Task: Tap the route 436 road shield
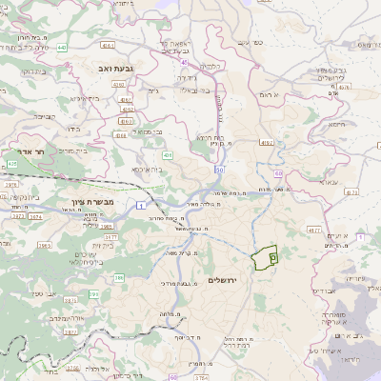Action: [167, 153]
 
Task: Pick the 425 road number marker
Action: [12, 164]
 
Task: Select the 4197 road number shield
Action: [266, 143]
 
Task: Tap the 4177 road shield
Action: [315, 230]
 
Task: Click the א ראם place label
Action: [271, 95]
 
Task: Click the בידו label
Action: [72, 129]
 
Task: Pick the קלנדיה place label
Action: [211, 66]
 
